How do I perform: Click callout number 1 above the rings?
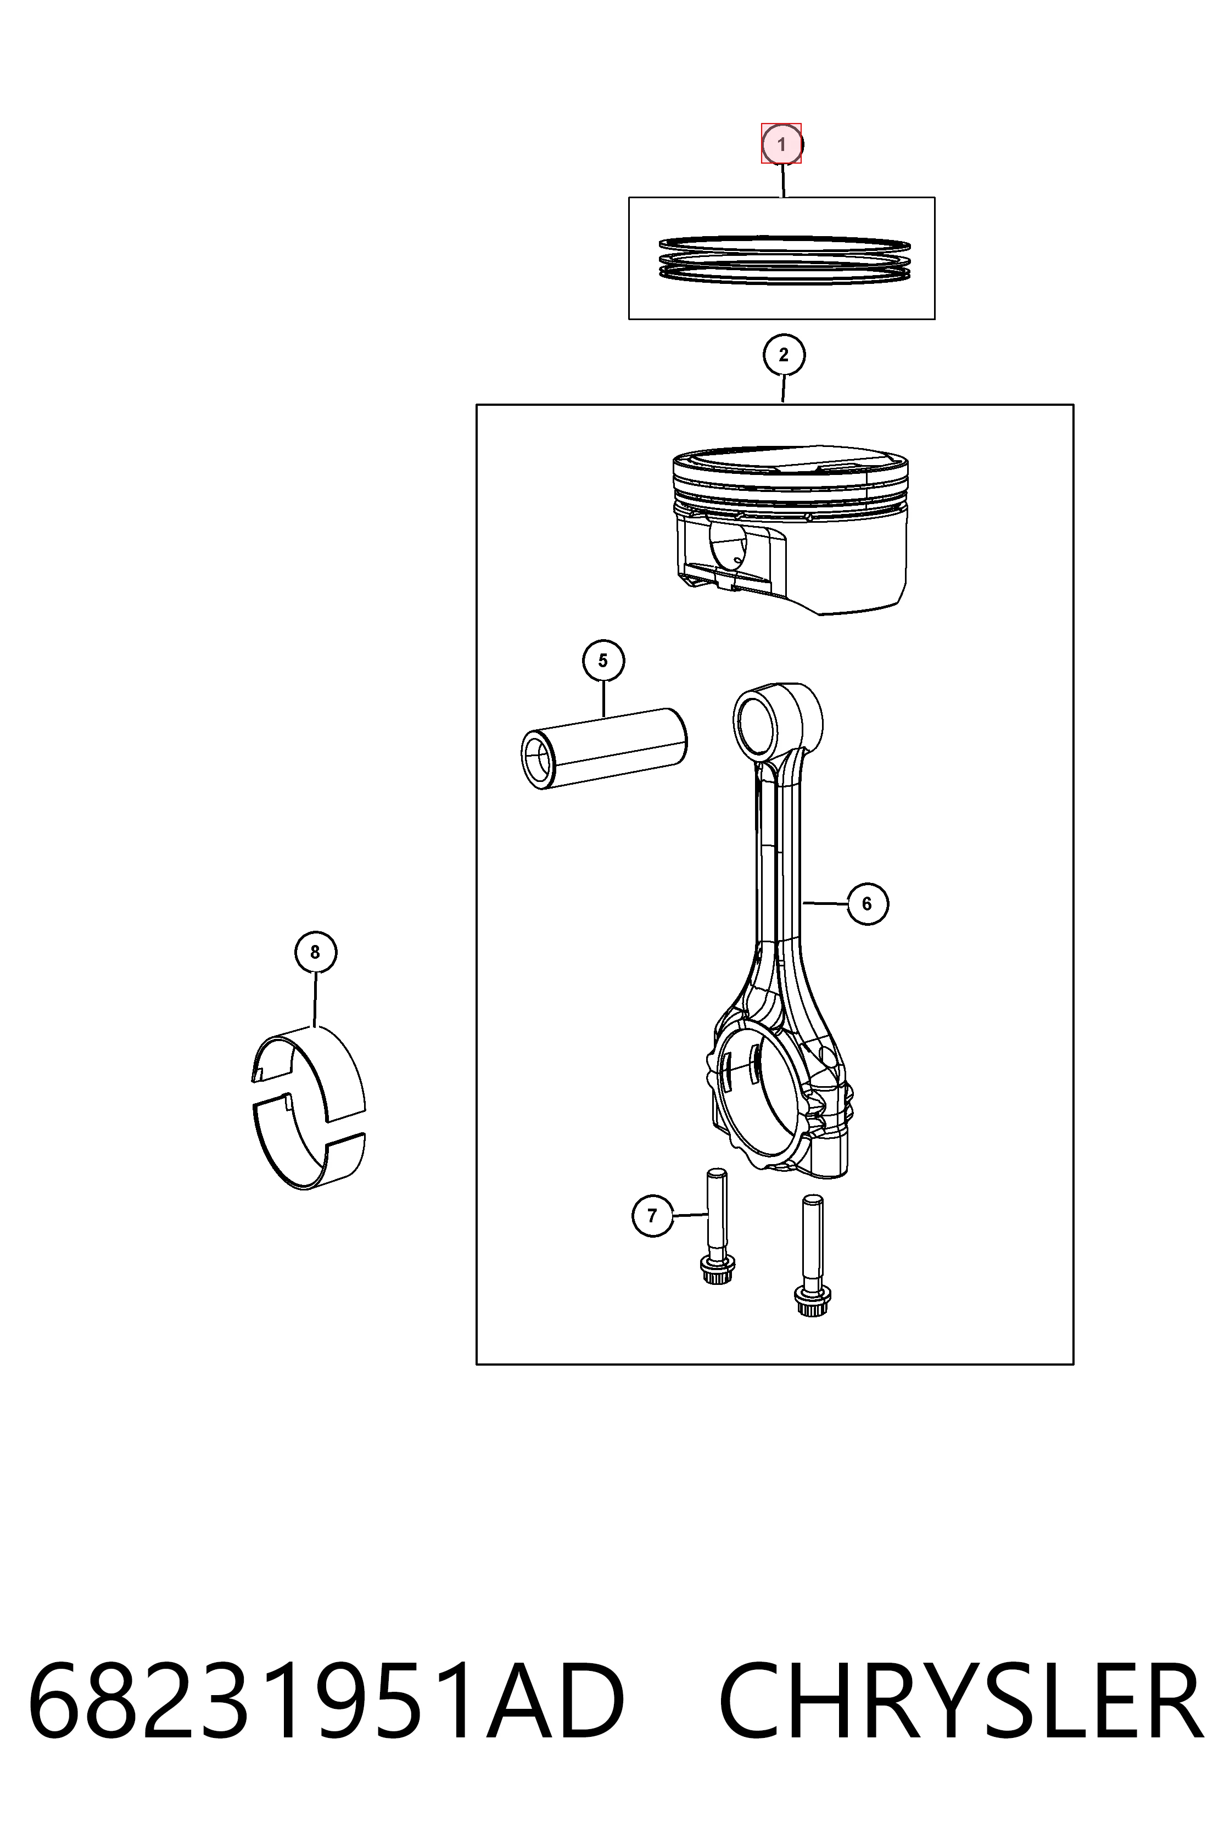click(781, 144)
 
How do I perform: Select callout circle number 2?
click(784, 355)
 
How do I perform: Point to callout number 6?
click(867, 904)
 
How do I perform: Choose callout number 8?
click(315, 952)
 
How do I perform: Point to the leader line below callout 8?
click(315, 999)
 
